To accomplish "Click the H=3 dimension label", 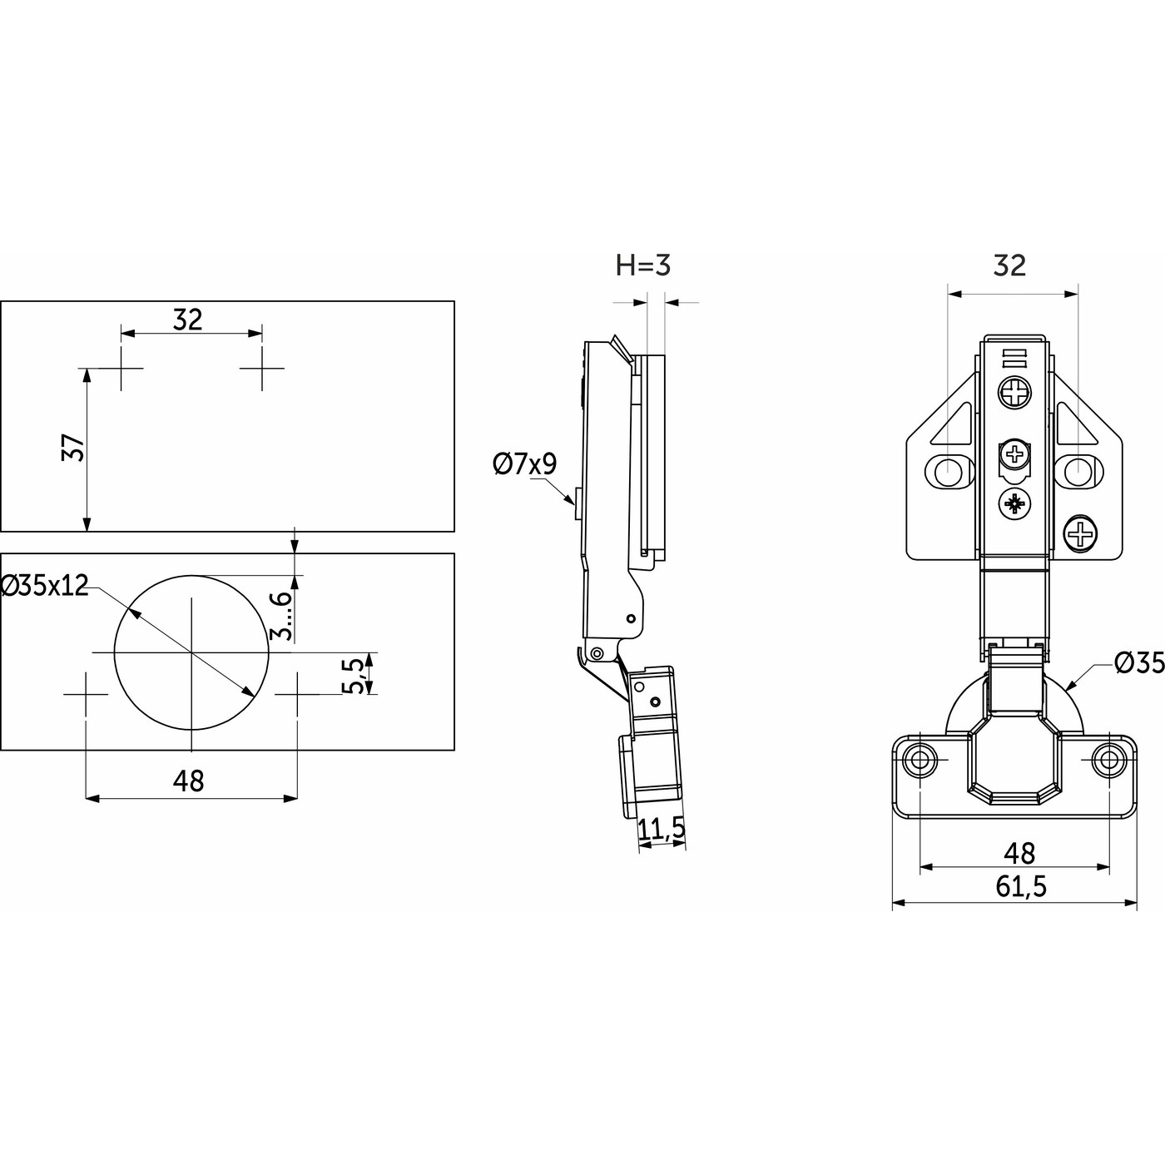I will tap(642, 265).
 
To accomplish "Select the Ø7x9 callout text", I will tap(524, 464).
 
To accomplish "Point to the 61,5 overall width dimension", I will tap(1021, 887).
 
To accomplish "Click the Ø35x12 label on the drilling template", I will tap(45, 586).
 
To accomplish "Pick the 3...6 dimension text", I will tap(283, 615).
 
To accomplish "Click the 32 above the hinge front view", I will tap(1009, 265).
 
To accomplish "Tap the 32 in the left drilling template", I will tap(188, 319).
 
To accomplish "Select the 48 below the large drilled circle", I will tap(189, 781).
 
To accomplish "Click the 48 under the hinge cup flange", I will tap(1019, 853).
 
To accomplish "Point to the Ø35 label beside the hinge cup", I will tap(1138, 662).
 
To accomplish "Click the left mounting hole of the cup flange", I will tap(920, 760).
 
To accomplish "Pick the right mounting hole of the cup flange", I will tap(1107, 760).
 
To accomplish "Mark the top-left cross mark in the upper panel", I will tap(121, 368).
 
